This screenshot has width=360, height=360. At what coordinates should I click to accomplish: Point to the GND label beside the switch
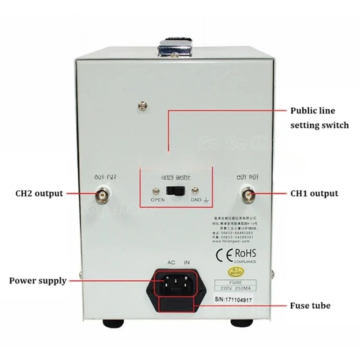pos(196,200)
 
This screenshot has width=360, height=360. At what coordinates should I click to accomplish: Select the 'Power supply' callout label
pos(38,281)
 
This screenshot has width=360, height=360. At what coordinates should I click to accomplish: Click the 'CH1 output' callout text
pos(314,194)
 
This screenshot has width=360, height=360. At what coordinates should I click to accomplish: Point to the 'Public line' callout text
pos(313,111)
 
